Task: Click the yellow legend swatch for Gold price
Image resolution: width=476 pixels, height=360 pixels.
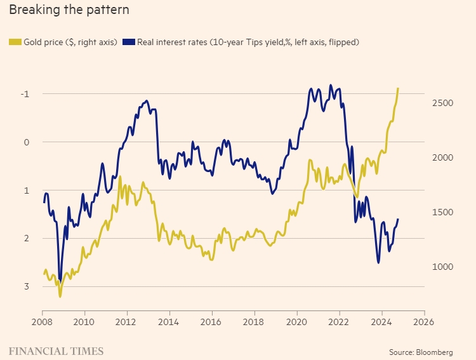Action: point(15,42)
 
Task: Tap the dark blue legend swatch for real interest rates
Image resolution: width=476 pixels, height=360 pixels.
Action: point(128,42)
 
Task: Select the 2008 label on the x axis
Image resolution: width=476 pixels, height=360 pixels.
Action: point(43,321)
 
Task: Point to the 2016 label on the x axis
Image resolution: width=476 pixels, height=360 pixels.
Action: point(212,321)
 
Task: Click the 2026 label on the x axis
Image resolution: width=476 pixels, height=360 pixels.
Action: point(424,321)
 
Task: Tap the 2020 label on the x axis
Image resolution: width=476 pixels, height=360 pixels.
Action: point(297,321)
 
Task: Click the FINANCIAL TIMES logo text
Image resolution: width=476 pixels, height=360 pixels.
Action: point(56,350)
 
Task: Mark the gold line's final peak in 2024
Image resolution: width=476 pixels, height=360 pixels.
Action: point(398,88)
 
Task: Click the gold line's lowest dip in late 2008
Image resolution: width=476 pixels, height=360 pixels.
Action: point(60,296)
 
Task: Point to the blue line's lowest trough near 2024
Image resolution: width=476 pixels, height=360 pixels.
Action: point(379,262)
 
